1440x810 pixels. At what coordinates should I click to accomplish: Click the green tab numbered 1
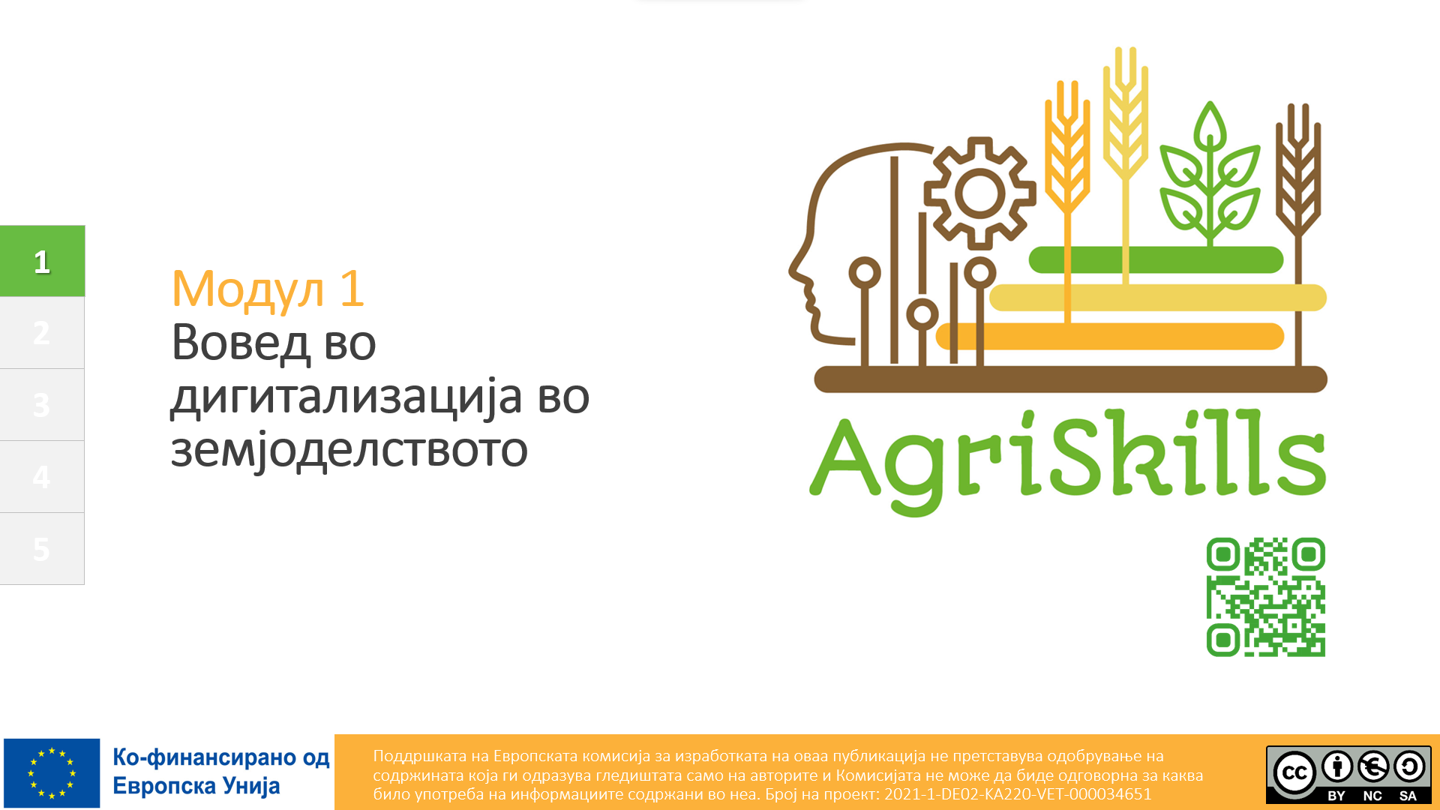(42, 261)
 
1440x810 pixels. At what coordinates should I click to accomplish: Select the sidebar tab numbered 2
(42, 333)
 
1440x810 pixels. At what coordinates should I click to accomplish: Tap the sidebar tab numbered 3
(42, 405)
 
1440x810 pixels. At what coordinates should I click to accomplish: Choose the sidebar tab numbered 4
(42, 477)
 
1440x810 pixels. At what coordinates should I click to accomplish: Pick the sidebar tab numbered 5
(42, 549)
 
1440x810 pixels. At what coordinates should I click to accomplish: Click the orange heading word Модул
(248, 289)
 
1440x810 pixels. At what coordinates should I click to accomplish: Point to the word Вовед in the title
(241, 343)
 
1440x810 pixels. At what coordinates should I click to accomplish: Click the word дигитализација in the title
(346, 397)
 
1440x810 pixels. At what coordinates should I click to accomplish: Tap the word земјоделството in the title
(349, 451)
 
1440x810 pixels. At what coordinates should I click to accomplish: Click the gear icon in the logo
(979, 193)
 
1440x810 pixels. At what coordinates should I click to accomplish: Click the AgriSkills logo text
(1068, 462)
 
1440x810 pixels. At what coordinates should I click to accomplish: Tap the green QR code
(1266, 597)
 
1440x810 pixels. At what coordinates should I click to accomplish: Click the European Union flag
(52, 773)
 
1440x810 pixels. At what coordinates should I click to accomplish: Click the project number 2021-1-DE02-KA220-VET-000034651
(1018, 794)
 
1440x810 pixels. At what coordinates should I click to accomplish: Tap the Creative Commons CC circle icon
(1294, 772)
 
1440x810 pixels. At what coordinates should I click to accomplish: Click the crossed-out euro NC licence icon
(1373, 766)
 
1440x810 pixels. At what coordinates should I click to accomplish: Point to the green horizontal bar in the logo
(1156, 260)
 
